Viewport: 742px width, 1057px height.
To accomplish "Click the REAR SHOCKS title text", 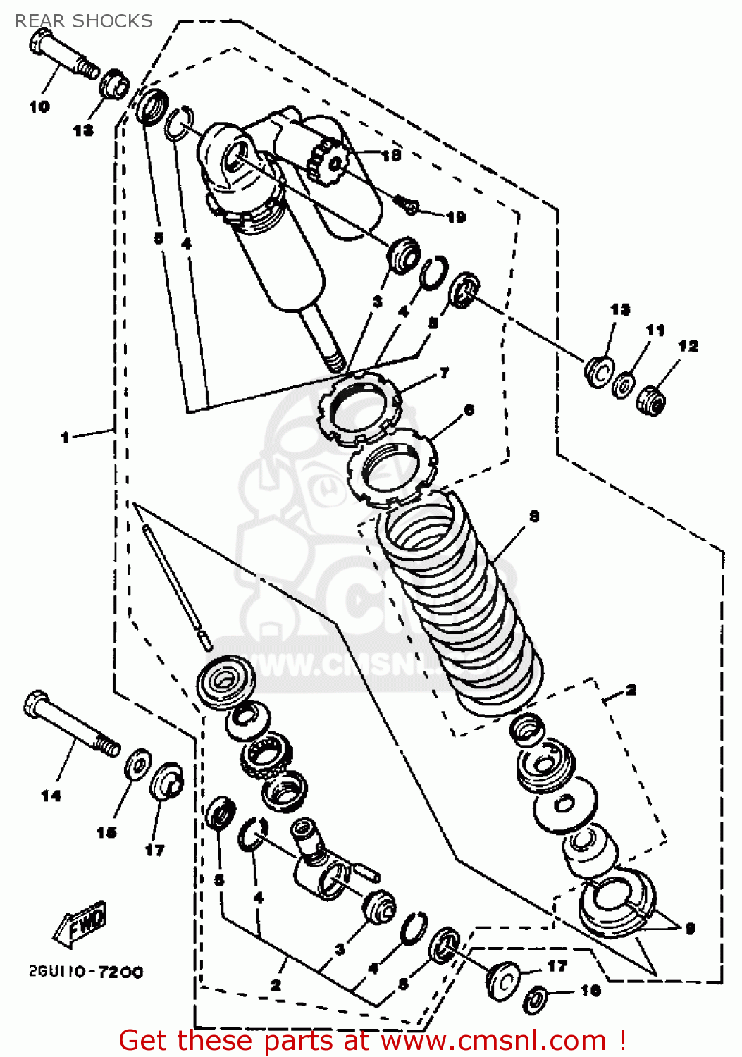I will [x=83, y=21].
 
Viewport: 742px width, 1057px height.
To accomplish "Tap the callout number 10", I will [x=39, y=106].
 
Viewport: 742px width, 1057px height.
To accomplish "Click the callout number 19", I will [x=456, y=217].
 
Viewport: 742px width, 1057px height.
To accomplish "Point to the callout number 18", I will [x=391, y=155].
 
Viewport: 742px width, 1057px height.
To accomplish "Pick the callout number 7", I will [x=444, y=373].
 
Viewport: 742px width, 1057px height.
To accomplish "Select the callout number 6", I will [x=469, y=410].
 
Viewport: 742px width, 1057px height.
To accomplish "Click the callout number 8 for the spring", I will [x=534, y=517].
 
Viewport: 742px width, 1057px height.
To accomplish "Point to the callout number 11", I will [x=655, y=330].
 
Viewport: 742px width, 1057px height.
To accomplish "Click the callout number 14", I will [x=51, y=796].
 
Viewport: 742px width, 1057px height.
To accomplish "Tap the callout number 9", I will [x=690, y=928].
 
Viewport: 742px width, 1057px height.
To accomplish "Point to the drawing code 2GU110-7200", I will [x=86, y=972].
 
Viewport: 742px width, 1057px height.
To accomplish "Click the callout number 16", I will [x=590, y=991].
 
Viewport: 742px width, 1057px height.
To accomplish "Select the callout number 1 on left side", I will [x=65, y=437].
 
